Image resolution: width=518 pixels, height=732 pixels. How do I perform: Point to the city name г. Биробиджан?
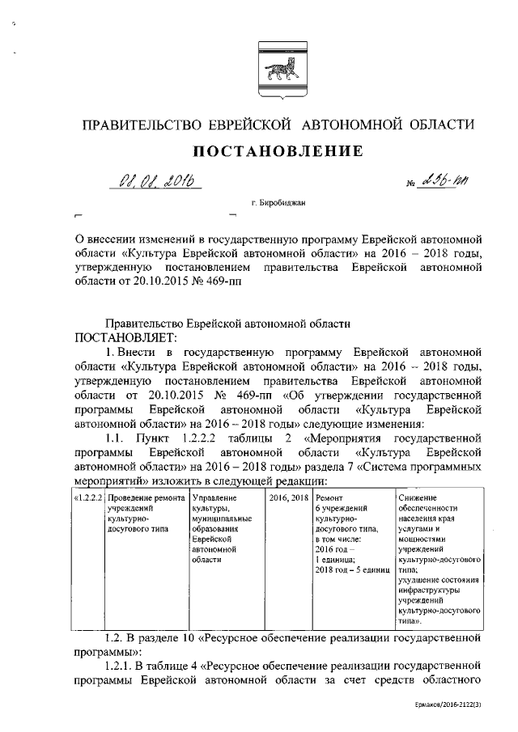click(x=277, y=208)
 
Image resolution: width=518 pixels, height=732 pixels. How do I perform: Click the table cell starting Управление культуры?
click(x=223, y=527)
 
